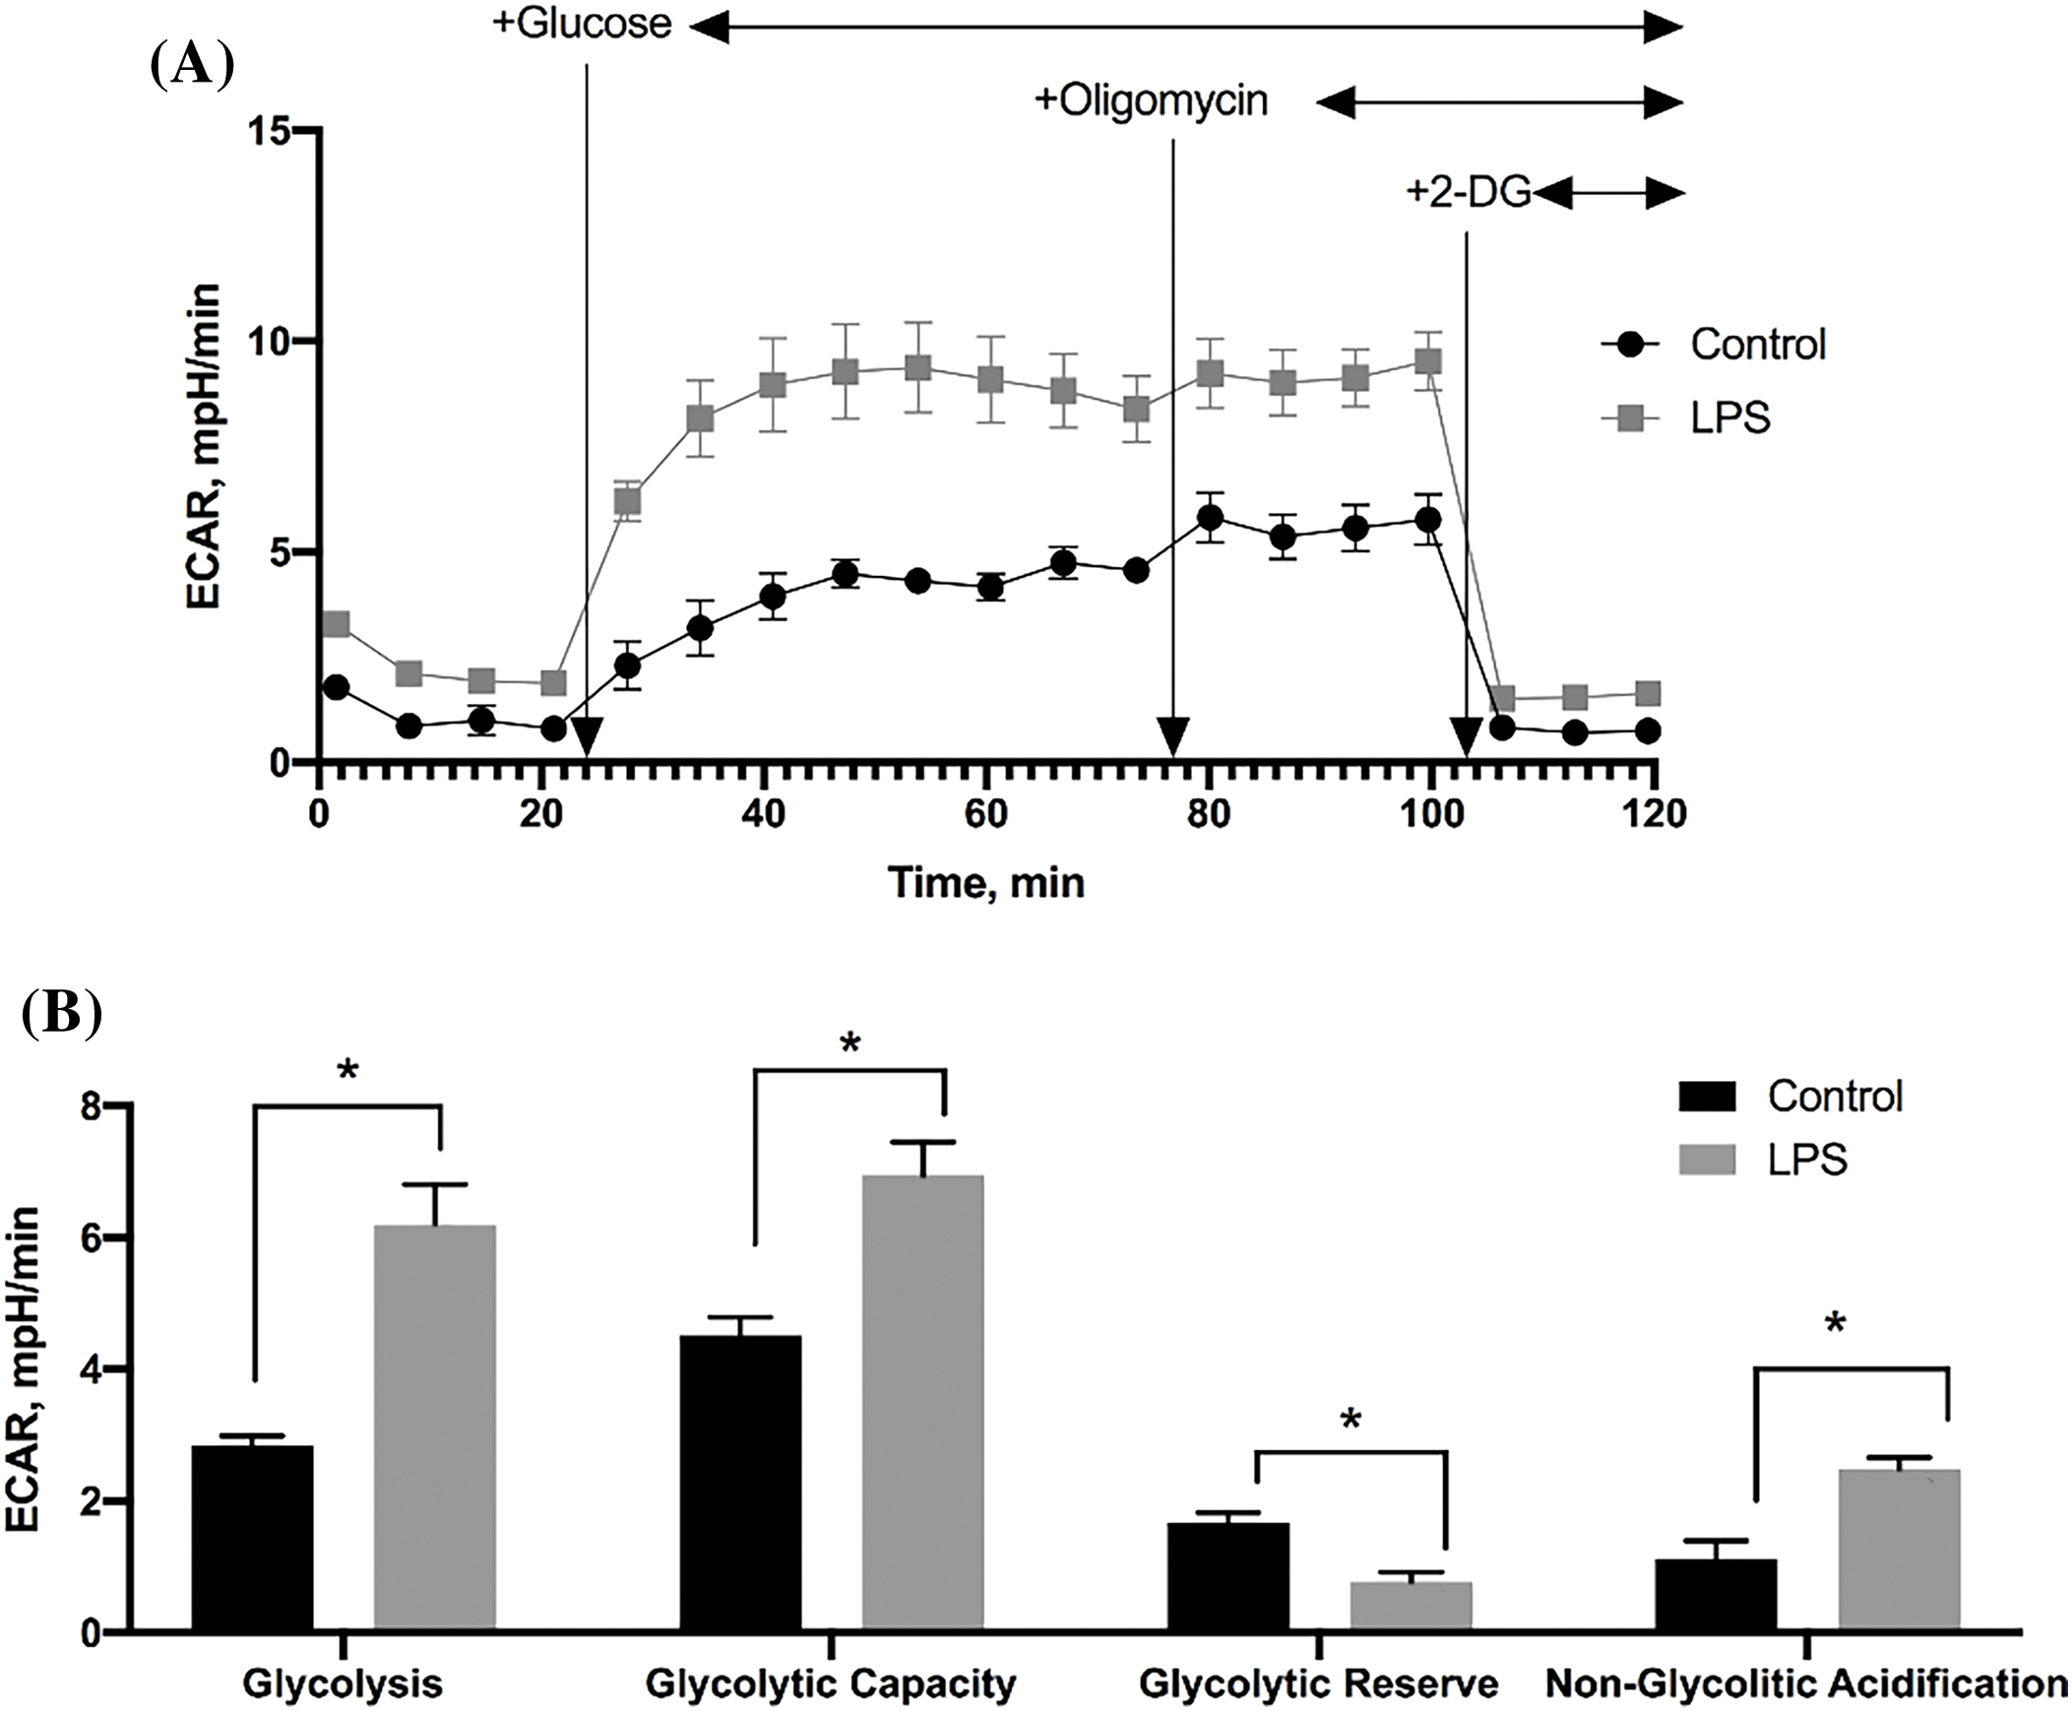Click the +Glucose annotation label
click(583, 24)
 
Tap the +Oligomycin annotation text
click(1151, 100)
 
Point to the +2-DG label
click(1468, 193)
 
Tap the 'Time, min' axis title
click(986, 882)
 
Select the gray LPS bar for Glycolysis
click(434, 1429)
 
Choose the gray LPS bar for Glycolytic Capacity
click(923, 1404)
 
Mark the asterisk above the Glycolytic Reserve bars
click(1350, 1423)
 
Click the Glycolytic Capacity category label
click(831, 1683)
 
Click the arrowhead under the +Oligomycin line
click(1172, 739)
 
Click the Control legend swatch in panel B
click(1708, 1097)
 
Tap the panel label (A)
click(191, 67)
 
